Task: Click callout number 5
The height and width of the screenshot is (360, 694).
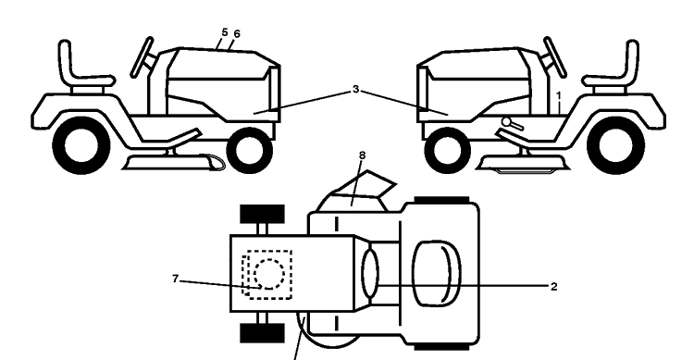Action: [225, 32]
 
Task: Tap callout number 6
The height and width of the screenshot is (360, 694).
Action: [237, 33]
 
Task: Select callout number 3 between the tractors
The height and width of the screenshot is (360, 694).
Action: [356, 90]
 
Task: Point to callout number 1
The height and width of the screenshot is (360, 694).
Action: [559, 95]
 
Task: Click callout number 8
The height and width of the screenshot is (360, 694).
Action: [363, 155]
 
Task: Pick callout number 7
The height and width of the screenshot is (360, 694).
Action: [175, 279]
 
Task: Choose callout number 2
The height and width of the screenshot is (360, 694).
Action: [553, 287]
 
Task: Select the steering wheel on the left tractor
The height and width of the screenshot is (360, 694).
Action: [143, 57]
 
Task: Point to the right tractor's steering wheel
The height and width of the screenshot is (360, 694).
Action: [555, 57]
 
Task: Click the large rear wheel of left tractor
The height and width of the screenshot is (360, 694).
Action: [81, 144]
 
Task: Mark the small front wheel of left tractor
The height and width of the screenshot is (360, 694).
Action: [250, 151]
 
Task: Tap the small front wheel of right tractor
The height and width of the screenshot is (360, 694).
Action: [448, 151]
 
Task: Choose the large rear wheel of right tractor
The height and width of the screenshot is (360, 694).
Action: [615, 144]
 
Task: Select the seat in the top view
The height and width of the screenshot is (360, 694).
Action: [437, 274]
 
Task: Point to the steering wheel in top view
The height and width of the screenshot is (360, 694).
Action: [370, 273]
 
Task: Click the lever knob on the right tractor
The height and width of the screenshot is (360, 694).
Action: [506, 121]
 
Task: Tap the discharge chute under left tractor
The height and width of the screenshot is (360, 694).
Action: [214, 162]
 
